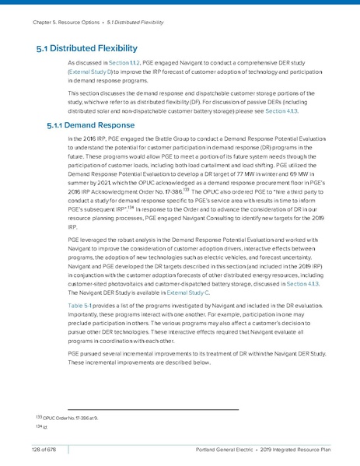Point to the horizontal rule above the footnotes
coord(152,410)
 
